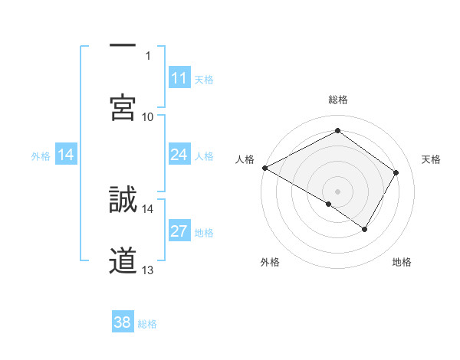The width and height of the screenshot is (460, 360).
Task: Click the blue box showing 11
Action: [179, 78]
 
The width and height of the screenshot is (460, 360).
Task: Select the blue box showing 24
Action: [179, 155]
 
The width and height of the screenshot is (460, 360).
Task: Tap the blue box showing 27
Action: [179, 232]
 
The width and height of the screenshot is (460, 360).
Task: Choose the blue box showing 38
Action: [123, 322]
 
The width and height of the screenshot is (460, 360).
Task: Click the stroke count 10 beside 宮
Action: [148, 116]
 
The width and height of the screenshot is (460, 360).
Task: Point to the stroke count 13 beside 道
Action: [148, 270]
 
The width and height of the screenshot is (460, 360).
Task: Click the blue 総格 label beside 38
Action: [148, 323]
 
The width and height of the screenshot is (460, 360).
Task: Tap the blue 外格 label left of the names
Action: [41, 156]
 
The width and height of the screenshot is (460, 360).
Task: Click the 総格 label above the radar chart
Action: [338, 100]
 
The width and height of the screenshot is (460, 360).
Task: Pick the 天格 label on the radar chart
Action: [432, 159]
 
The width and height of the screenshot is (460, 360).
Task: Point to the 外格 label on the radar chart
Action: [270, 262]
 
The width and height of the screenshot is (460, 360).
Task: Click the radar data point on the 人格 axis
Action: [264, 167]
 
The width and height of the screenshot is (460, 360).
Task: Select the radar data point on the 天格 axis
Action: [396, 172]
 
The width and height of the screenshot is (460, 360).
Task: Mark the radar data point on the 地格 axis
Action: [365, 229]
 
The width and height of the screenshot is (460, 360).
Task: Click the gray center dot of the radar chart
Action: [338, 191]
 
